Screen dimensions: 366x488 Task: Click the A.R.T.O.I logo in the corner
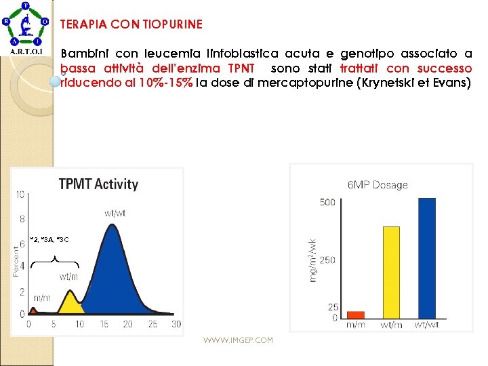(26, 28)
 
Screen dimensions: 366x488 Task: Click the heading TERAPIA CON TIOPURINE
(131, 24)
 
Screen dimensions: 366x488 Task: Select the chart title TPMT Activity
(98, 184)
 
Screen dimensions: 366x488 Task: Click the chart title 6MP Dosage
(378, 185)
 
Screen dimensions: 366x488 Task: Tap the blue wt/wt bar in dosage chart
(427, 258)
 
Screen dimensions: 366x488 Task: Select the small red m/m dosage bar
(355, 314)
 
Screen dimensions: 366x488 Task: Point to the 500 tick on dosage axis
(327, 202)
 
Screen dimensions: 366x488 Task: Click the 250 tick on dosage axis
(327, 260)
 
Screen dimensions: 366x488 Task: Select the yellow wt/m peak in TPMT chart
(69, 302)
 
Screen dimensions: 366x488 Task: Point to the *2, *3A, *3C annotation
(49, 240)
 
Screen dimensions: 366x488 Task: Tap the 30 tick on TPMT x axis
(176, 325)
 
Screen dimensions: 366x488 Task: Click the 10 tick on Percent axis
(20, 195)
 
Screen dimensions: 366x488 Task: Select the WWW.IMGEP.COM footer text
(238, 340)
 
